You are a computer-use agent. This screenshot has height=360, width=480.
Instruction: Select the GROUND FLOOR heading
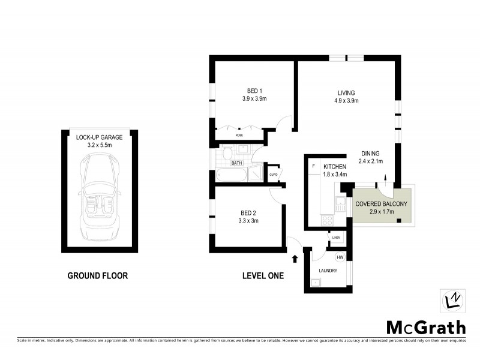pos(97,276)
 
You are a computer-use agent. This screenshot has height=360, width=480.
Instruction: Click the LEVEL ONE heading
pos(263,276)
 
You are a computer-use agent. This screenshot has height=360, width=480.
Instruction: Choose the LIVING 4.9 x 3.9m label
pos(346,97)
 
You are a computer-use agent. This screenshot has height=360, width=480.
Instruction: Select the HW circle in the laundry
pos(340,257)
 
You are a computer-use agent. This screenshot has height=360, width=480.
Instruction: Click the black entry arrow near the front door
pos(295,259)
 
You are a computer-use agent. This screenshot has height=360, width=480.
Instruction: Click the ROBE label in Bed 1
pos(239,135)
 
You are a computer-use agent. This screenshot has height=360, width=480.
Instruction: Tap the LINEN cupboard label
pos(335,238)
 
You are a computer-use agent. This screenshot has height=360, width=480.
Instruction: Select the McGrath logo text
pos(425,327)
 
